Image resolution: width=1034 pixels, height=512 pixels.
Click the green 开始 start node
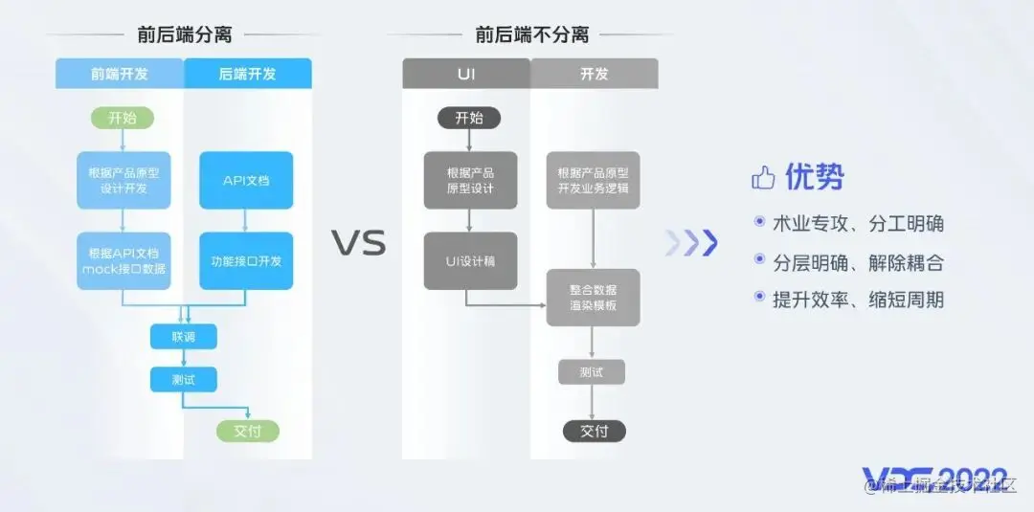(x=122, y=118)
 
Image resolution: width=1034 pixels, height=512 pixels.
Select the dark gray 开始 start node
(x=469, y=118)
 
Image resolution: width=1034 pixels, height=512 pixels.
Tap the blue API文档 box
(x=246, y=180)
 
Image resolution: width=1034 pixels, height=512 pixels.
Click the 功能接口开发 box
(x=246, y=260)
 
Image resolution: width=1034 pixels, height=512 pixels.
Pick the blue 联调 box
(x=183, y=337)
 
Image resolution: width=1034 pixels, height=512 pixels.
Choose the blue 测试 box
(x=183, y=380)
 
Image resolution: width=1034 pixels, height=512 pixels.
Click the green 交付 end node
(x=247, y=431)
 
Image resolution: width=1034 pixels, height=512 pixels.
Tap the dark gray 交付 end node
(x=594, y=431)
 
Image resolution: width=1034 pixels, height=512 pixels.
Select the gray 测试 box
(x=592, y=371)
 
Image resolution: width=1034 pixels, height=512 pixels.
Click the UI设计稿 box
(x=470, y=260)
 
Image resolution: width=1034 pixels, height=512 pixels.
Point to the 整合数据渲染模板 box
(x=593, y=298)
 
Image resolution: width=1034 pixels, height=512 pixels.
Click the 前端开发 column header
(x=119, y=74)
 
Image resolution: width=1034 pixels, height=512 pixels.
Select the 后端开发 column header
(x=247, y=74)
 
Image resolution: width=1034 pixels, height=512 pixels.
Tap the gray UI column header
(x=465, y=74)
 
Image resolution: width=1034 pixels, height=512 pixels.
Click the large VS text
(x=358, y=243)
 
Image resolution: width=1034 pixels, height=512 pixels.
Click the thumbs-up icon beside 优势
(x=763, y=177)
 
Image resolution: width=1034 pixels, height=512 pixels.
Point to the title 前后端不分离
(x=531, y=35)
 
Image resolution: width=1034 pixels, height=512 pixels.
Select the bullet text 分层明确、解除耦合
(x=858, y=262)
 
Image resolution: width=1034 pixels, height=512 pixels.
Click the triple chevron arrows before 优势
(x=691, y=244)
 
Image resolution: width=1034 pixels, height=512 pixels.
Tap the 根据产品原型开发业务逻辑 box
(x=593, y=180)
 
